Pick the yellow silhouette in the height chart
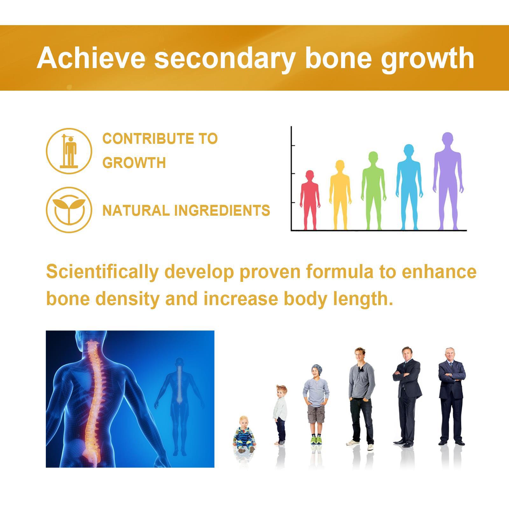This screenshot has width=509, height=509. coord(340,195)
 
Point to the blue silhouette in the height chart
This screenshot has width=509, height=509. coord(409,187)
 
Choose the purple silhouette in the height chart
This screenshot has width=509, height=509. coord(448,181)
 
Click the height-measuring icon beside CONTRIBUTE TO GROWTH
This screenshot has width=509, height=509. coord(69,151)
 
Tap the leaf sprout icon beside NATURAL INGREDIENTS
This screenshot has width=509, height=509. coord(69,210)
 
